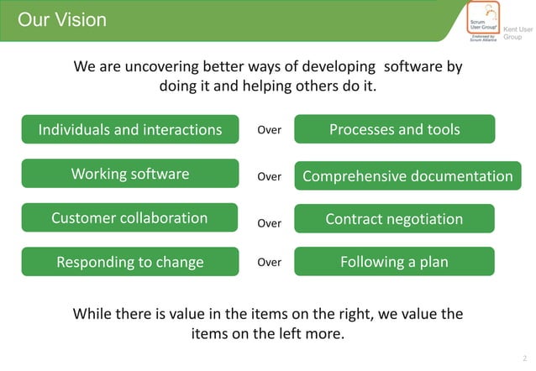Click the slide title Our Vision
click(62, 19)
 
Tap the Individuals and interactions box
click(130, 129)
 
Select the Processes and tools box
click(394, 129)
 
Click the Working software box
click(130, 175)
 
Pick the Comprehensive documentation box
click(407, 176)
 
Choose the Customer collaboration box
click(130, 218)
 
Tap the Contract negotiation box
click(394, 219)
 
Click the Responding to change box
click(130, 262)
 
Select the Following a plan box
click(394, 262)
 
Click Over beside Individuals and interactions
click(269, 130)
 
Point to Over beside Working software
click(269, 176)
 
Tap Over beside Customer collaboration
click(269, 223)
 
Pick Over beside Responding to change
click(269, 262)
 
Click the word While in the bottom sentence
click(95, 314)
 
